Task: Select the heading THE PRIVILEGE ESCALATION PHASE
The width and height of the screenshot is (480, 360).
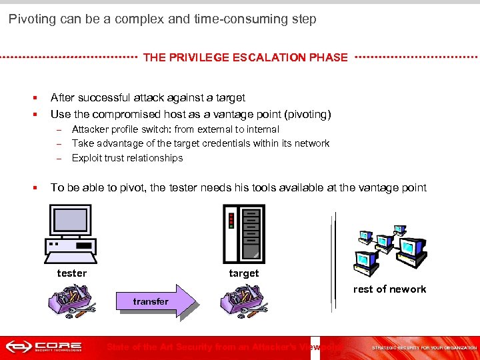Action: [x=245, y=57]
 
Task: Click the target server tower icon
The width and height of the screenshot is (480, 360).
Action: [x=243, y=233]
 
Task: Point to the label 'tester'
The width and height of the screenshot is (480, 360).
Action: [x=71, y=273]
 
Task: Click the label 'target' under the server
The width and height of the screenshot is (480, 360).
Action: [x=244, y=273]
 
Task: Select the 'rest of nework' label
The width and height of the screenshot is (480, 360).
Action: [x=389, y=289]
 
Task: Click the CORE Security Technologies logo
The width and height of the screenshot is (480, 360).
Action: [x=44, y=347]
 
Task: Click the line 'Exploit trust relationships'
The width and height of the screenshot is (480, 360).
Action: [x=127, y=158]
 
